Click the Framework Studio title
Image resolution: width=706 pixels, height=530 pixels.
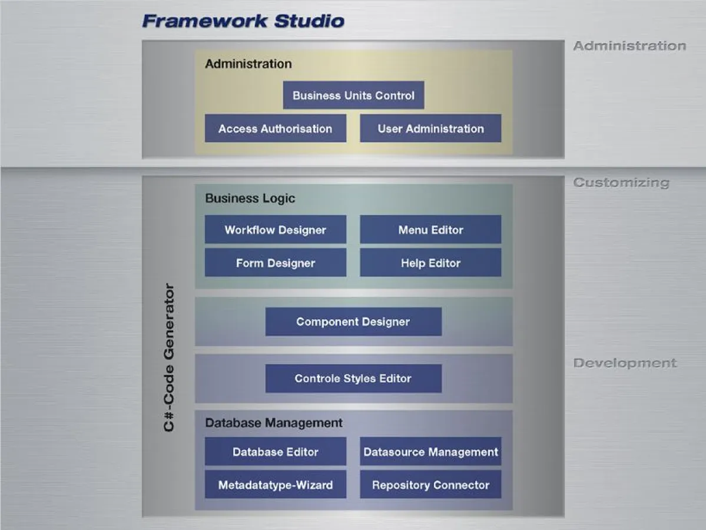243,21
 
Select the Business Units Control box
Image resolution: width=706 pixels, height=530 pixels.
353,95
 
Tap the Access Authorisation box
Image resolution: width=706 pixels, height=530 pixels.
275,128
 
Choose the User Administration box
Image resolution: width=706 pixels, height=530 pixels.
430,128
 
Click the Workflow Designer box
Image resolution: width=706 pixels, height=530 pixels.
275,230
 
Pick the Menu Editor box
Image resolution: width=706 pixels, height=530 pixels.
430,230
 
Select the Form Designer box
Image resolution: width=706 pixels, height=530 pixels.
275,263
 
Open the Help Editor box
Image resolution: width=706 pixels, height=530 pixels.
430,263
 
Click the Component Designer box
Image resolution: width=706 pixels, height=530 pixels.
353,322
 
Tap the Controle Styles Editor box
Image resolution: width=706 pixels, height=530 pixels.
353,378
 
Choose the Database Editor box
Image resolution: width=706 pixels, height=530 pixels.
275,452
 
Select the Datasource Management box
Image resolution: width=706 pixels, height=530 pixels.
430,452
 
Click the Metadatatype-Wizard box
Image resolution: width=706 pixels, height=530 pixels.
275,485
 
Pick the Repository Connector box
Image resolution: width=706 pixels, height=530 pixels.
430,485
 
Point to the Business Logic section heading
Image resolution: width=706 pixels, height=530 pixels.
250,198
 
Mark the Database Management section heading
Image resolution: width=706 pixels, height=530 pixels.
273,423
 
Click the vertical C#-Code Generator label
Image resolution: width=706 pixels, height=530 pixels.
169,357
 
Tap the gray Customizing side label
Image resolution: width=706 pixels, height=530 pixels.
621,183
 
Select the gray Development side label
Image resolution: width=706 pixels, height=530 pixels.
625,363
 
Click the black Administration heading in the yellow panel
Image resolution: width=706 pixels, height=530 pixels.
248,64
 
